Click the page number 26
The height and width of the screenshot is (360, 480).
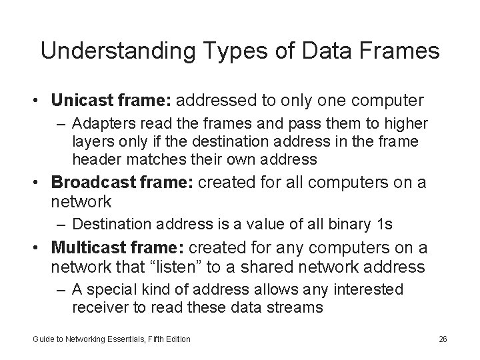click(x=443, y=339)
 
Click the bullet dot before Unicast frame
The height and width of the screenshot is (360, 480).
click(x=41, y=101)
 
